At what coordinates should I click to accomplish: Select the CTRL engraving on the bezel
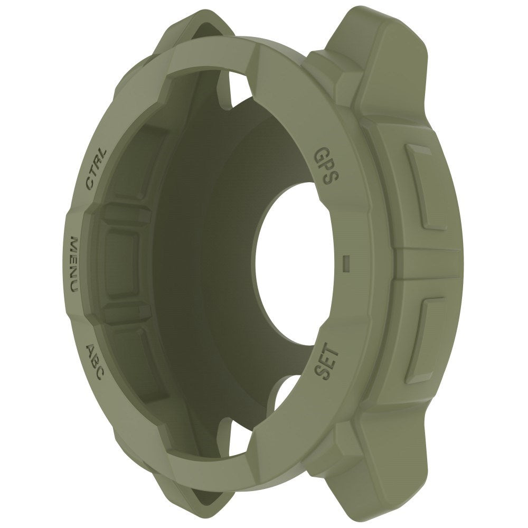click(x=96, y=168)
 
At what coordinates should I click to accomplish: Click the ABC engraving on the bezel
click(x=95, y=360)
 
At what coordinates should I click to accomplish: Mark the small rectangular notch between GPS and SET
click(x=346, y=262)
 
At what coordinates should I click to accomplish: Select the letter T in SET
click(x=327, y=350)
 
